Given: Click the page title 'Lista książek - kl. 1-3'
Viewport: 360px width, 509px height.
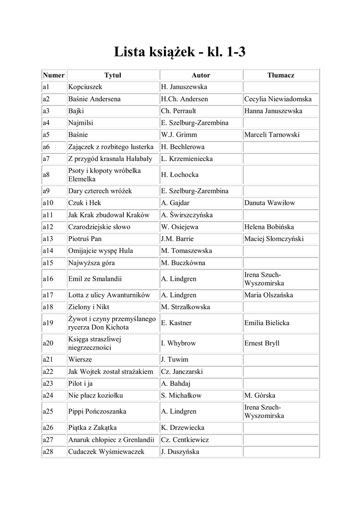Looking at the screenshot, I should pos(180,52).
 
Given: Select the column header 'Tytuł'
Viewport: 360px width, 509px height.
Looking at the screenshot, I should pos(113,75).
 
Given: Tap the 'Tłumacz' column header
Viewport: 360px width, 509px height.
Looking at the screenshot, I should pos(280,75).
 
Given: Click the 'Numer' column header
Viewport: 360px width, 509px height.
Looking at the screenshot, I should pos(53,75).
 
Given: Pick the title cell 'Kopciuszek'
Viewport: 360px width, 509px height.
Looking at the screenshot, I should pos(85,87).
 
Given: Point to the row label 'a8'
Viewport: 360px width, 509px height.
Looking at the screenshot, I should pos(46,175).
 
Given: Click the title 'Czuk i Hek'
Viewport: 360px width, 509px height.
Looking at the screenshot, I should pos(85,203).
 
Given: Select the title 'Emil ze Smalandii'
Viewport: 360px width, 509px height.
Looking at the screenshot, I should pos(95,279).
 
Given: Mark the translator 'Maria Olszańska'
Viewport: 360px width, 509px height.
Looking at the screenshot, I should pos(269,295).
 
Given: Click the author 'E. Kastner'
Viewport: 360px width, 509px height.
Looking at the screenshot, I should pos(177,323).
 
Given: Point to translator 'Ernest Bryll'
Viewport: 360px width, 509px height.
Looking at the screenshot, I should pos(262,343).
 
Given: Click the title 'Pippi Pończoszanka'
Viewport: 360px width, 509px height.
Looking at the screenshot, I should pos(98,411).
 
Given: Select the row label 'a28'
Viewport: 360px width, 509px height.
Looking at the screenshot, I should pos(48,451).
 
